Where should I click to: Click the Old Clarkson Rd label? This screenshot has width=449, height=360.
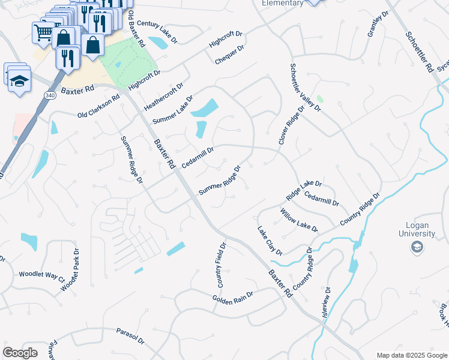(x=99, y=106)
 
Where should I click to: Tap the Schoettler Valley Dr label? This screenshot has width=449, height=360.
(x=306, y=88)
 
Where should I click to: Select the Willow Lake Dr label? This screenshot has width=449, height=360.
(x=299, y=220)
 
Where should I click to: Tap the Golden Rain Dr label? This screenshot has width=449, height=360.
(x=233, y=297)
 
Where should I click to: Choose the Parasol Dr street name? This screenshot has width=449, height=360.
(x=131, y=335)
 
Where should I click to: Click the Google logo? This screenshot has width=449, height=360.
(x=20, y=353)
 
